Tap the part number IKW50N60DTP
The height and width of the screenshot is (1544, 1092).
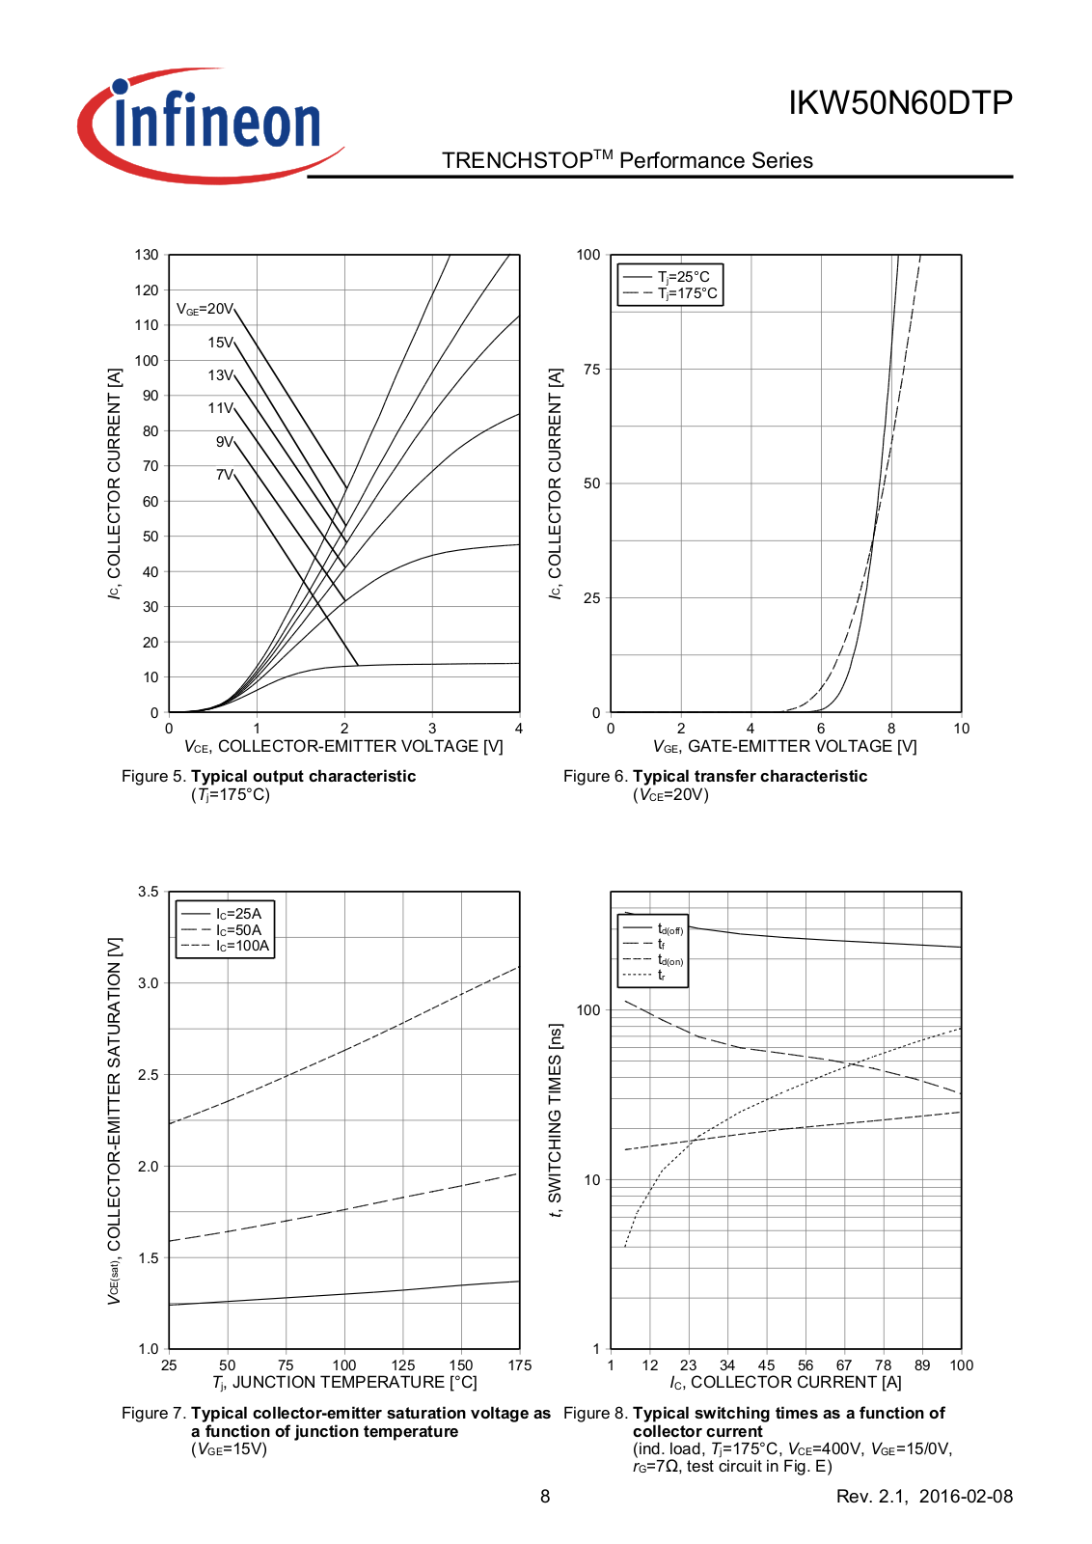pos(900,102)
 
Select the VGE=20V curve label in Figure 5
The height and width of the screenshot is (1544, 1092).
pos(205,309)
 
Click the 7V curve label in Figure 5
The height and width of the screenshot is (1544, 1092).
pos(224,475)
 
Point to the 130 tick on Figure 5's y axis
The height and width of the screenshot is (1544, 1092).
pos(147,255)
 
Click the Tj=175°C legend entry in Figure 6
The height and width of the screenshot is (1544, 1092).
pos(687,293)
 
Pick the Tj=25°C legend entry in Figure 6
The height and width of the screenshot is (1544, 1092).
pos(683,277)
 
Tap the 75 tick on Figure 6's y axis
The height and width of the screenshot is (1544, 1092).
pos(591,370)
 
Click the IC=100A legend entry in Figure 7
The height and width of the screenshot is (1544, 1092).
pos(242,946)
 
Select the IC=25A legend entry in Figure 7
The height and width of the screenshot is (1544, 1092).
pos(238,914)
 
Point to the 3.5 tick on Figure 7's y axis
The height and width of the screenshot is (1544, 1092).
pos(148,892)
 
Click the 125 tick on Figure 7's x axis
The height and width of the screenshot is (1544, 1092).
pos(403,1365)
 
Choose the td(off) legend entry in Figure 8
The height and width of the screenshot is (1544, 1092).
pos(669,929)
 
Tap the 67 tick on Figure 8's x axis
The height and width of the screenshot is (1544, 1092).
pos(844,1365)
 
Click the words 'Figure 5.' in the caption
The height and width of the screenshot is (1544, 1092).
pos(154,776)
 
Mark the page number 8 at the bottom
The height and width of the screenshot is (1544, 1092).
pos(545,1497)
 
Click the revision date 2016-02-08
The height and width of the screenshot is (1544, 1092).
pos(966,1497)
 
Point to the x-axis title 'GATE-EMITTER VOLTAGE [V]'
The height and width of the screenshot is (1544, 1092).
pos(802,746)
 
